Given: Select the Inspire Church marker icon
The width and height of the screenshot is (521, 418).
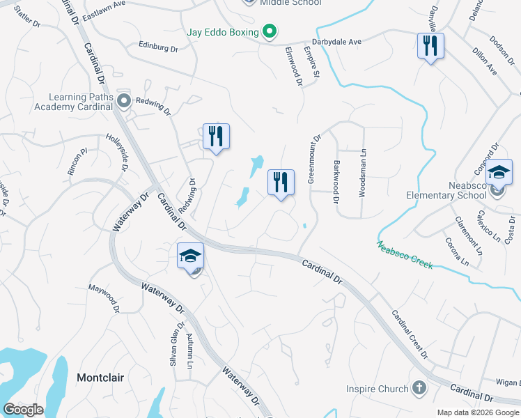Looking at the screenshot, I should [x=419, y=387].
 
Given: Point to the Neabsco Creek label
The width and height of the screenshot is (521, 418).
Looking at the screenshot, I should [x=405, y=256].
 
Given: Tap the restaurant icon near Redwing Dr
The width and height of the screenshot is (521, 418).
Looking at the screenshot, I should [x=216, y=137].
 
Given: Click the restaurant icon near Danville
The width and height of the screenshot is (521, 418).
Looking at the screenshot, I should [x=430, y=46].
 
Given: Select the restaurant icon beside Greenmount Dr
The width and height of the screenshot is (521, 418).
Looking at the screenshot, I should [x=281, y=183].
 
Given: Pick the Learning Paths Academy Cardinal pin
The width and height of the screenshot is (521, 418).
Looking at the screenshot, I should [x=124, y=102].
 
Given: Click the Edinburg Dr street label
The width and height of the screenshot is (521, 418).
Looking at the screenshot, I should [x=159, y=49].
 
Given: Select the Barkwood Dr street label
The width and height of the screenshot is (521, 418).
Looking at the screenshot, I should [x=336, y=182].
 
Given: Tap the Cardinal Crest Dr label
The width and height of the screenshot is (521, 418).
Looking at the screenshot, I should [x=410, y=334].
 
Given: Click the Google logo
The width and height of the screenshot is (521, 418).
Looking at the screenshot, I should [x=24, y=410].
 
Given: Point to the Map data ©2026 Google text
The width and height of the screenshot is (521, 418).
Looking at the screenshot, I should [x=477, y=412].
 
